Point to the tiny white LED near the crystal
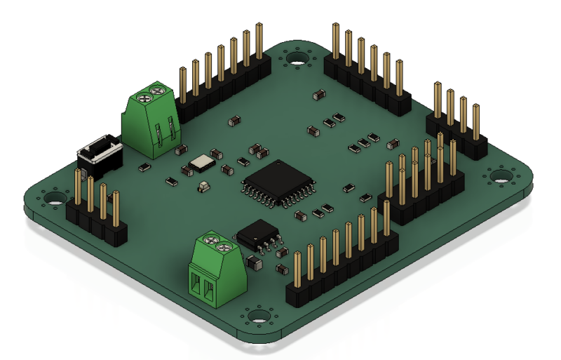click(203, 187)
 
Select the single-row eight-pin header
click(342, 270)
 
